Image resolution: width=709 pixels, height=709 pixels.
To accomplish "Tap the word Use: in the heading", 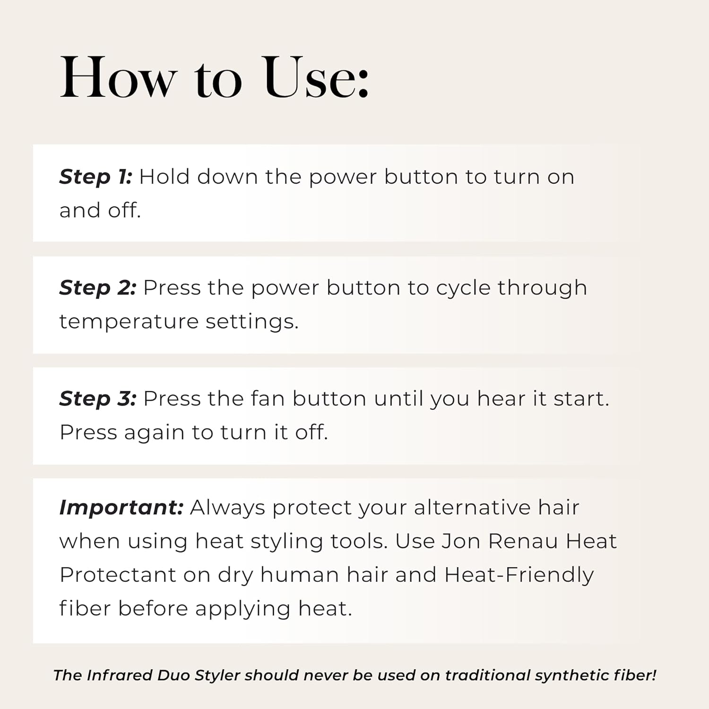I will (x=316, y=78).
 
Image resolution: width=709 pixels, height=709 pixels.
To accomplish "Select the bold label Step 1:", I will (x=95, y=177).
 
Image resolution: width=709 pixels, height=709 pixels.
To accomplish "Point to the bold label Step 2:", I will (x=98, y=288).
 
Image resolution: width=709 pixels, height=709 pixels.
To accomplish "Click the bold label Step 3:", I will (x=98, y=399).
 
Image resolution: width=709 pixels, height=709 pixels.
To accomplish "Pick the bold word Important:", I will (x=121, y=508).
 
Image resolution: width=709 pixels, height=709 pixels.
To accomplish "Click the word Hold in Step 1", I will (x=164, y=177).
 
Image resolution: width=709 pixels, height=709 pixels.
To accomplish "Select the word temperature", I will (x=129, y=322).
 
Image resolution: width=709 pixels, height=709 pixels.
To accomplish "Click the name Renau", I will (x=523, y=541).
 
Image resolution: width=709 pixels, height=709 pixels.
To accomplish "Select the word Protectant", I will (x=118, y=575).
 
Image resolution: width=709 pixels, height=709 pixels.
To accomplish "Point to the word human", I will (x=299, y=575).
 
